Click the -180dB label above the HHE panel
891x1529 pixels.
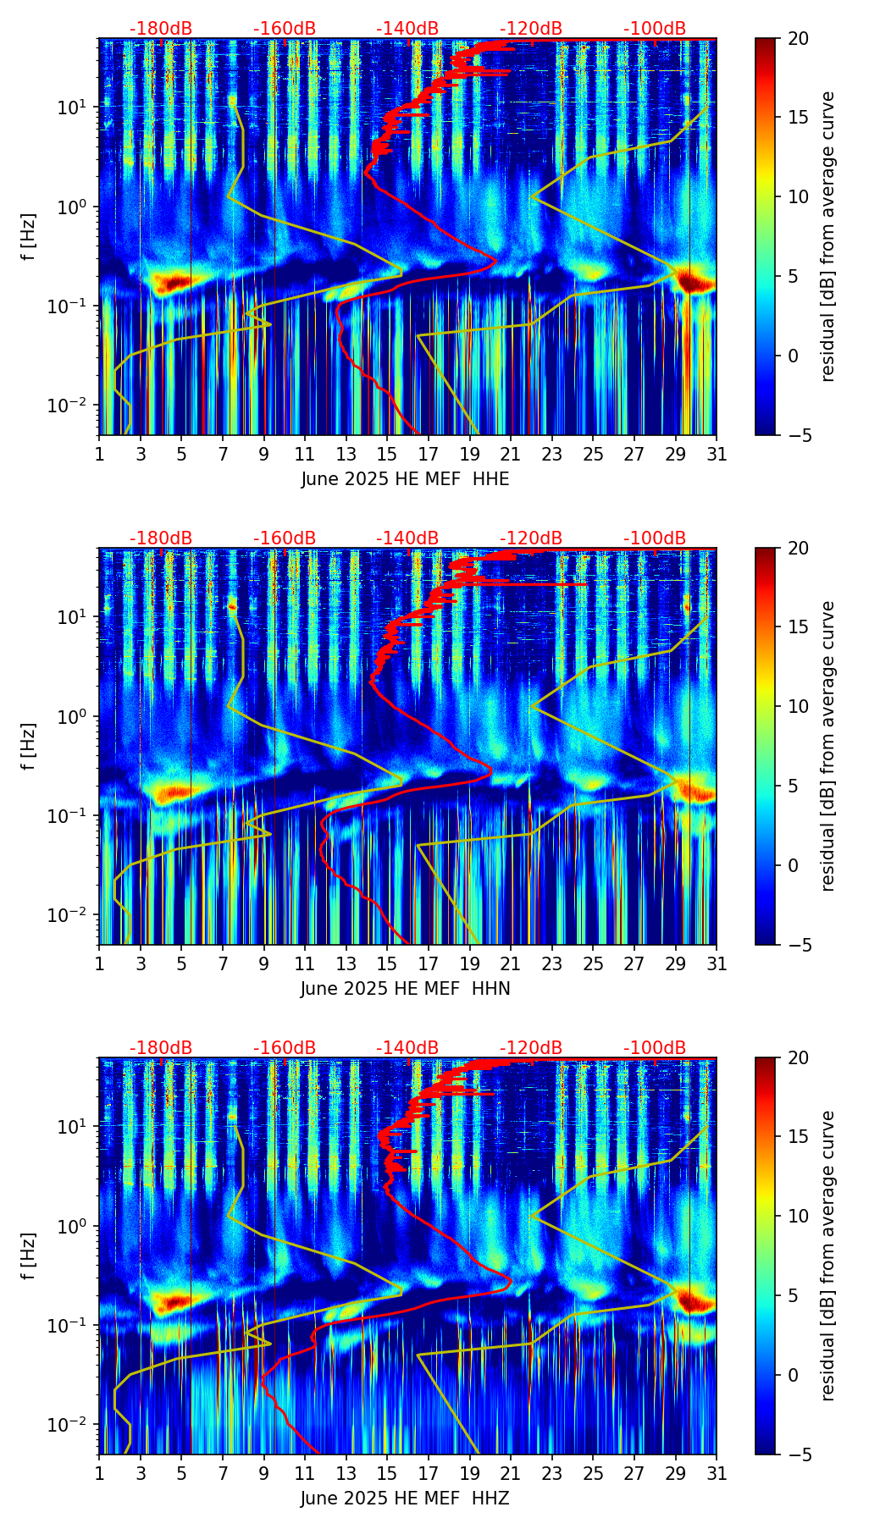click(161, 29)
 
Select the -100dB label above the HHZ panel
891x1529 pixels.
click(655, 1048)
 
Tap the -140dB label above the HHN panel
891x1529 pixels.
click(407, 538)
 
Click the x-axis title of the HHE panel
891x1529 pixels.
click(405, 479)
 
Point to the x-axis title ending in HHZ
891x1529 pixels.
click(405, 1499)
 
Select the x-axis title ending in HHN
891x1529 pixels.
click(405, 989)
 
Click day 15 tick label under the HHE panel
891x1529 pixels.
click(387, 455)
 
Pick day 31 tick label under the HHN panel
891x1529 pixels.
click(717, 964)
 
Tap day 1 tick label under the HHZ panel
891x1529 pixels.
click(99, 1474)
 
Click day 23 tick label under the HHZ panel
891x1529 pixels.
click(551, 1474)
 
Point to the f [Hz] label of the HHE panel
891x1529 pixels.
click(29, 237)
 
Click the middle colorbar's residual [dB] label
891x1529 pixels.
click(827, 746)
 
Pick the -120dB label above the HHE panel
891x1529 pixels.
click(531, 29)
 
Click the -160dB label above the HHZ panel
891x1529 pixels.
click(285, 1048)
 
